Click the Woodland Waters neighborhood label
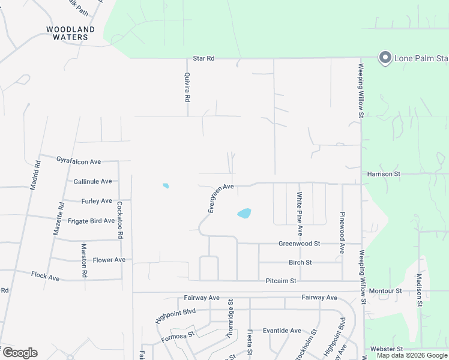click(70, 33)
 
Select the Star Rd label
click(203, 59)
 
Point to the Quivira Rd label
click(187, 88)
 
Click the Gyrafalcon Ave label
click(79, 161)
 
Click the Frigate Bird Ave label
click(91, 221)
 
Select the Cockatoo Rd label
click(119, 220)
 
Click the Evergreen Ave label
click(220, 198)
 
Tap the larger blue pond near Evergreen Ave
click(244, 214)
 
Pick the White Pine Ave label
click(300, 214)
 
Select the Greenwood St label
click(299, 244)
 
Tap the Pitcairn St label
click(281, 281)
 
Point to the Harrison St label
click(384, 174)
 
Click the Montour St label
click(385, 291)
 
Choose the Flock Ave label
click(46, 278)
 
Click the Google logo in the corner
click(20, 353)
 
